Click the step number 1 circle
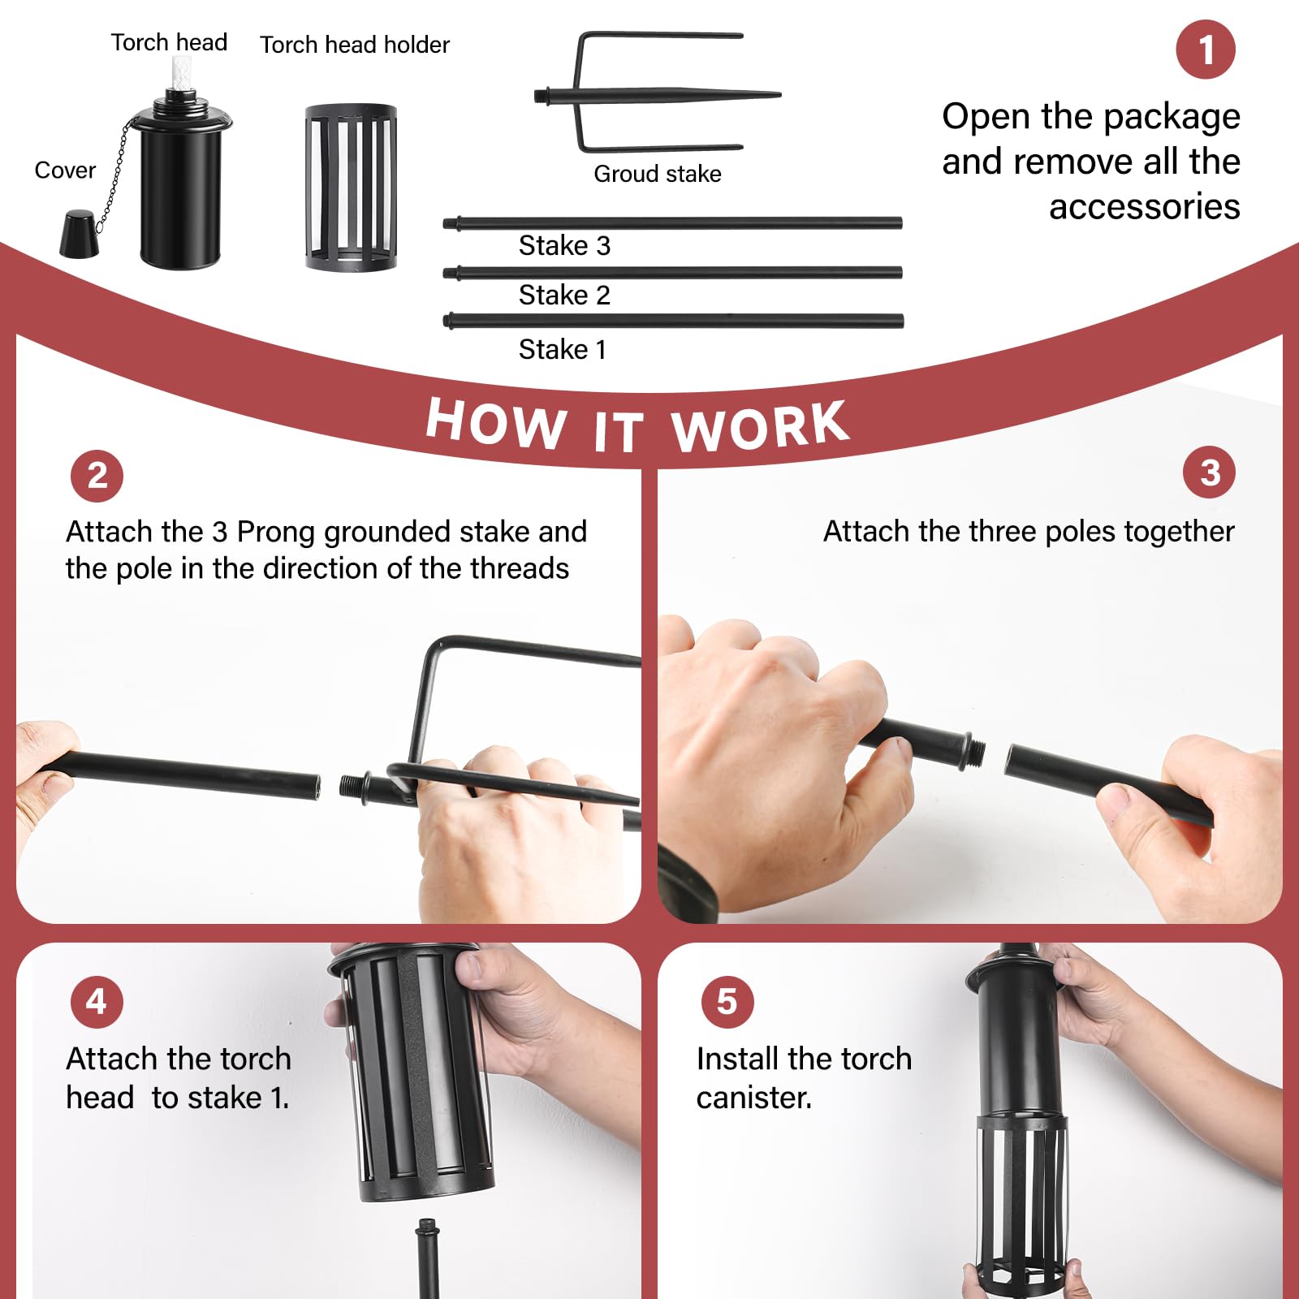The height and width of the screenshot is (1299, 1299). coord(1206,50)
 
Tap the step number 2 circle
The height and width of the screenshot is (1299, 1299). coord(97,476)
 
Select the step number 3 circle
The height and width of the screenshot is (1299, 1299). coord(1209,473)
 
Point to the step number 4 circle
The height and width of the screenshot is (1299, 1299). coord(97,1002)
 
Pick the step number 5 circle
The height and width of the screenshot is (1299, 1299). coord(727,1002)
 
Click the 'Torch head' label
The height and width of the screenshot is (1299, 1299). coord(169,42)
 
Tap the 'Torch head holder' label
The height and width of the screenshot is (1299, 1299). coord(355,45)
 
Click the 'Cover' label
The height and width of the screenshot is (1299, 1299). coord(65,170)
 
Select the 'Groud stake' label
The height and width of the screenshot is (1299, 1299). coord(658,174)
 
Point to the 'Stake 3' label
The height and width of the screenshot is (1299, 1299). coord(564,245)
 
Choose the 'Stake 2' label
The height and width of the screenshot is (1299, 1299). coord(564,295)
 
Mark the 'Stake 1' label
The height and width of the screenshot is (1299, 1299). coord(563,349)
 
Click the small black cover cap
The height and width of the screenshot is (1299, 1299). coord(79,234)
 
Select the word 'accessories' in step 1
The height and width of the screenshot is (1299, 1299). coord(1145,207)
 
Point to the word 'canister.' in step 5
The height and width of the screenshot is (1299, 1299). coord(754,1098)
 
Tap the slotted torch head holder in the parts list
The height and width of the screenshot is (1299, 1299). coord(351,188)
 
